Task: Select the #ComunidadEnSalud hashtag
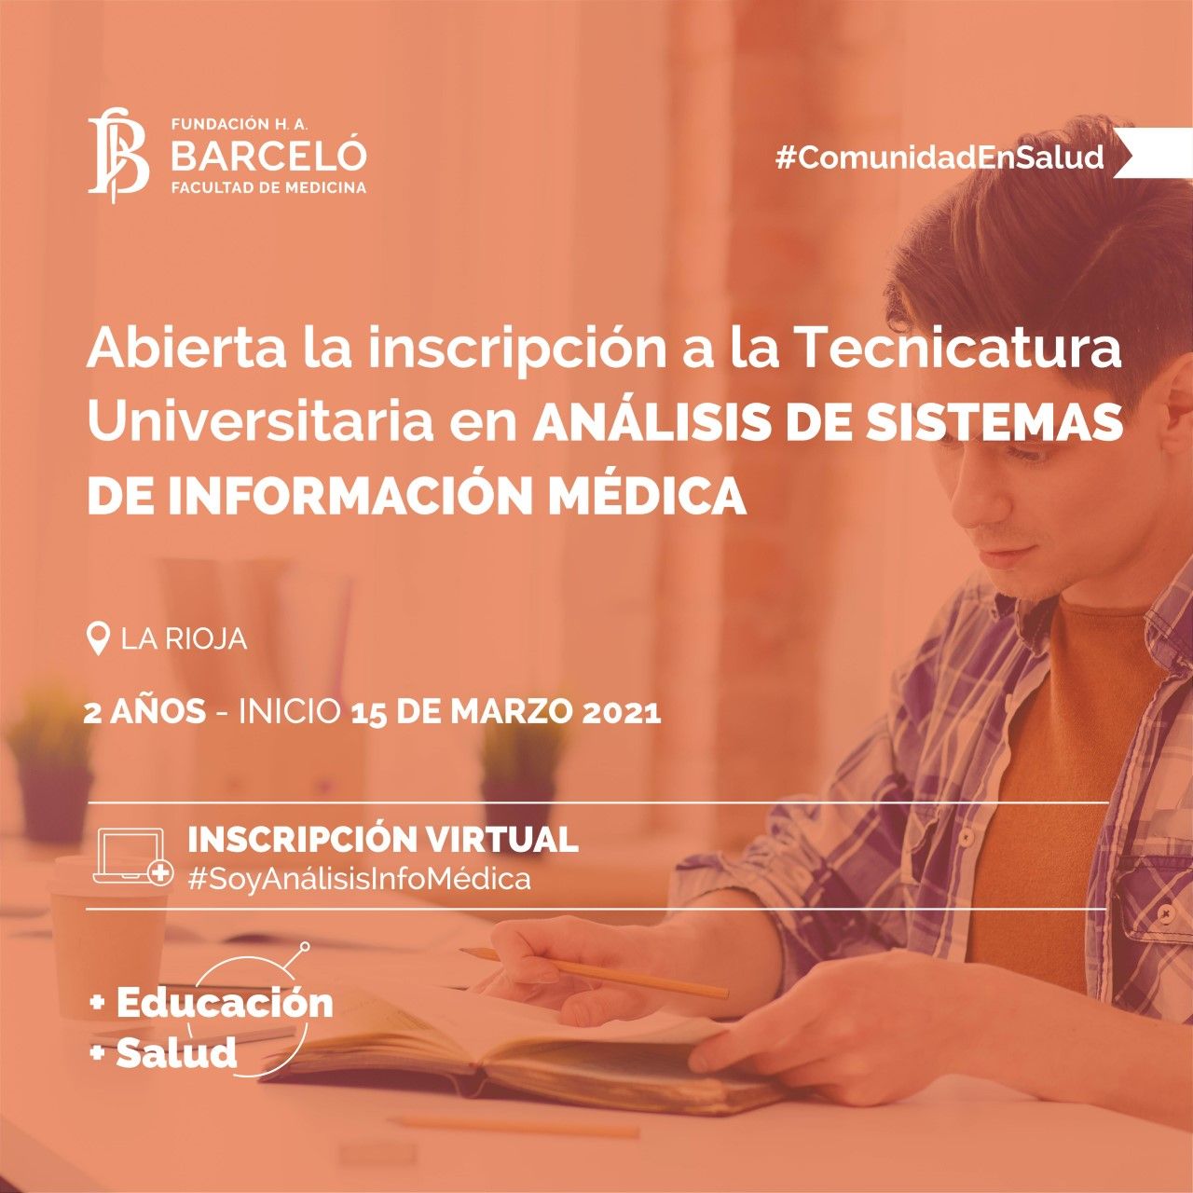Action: pos(939,158)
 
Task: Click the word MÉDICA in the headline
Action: pos(648,497)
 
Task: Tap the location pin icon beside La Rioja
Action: pos(99,639)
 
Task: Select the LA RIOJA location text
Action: pos(185,639)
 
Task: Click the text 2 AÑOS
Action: pos(144,714)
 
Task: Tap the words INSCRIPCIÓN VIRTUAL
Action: pos(383,839)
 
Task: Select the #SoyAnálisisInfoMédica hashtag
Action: pos(359,879)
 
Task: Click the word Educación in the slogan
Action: pos(225,1002)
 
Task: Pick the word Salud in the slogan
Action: pos(176,1051)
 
